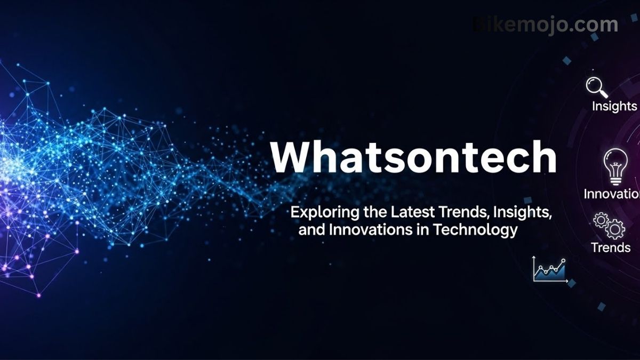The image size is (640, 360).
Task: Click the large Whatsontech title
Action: tap(413, 157)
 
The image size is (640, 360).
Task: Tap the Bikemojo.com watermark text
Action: tap(545, 25)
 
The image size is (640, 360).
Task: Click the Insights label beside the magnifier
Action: tap(614, 106)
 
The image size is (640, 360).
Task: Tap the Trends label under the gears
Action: tap(611, 247)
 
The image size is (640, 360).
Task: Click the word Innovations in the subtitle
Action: tap(368, 230)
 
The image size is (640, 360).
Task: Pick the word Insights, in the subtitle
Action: tap(522, 212)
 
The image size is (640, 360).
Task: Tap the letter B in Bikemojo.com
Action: tap(478, 25)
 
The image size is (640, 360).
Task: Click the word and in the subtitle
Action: tap(310, 230)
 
